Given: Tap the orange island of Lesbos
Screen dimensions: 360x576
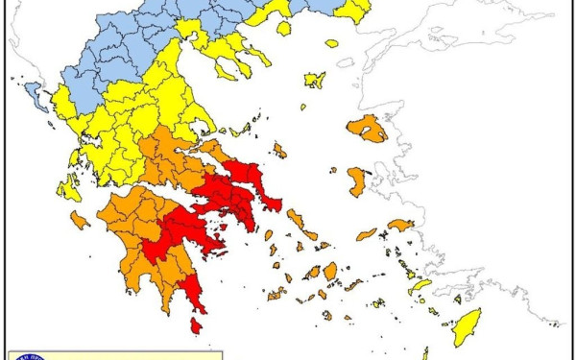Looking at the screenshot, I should pos(368,129).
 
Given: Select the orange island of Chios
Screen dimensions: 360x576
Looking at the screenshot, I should pos(356,180).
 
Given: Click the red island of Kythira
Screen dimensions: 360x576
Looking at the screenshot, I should pos(196,326).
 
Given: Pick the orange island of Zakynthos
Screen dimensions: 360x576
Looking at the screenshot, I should pos(80,221).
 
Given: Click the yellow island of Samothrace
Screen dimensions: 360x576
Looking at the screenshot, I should pos(331,43).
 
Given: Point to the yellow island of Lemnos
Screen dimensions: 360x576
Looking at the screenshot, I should pos(315,81).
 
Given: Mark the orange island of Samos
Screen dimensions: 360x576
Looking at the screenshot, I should pos(400,226).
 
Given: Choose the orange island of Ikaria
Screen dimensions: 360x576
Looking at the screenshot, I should pos(367,234).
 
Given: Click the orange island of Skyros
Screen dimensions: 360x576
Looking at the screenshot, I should pos(279,151).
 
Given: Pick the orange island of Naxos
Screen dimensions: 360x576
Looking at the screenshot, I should pos(330,272).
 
